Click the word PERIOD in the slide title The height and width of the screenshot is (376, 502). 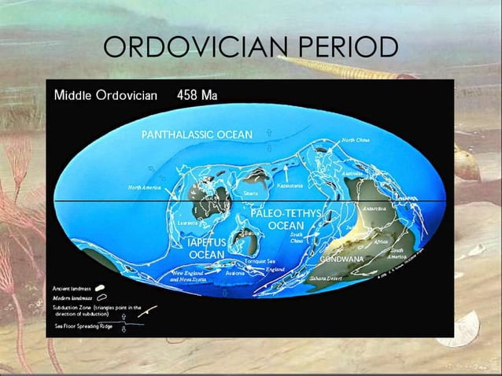(x=346, y=49)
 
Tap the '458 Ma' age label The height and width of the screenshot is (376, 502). (x=197, y=96)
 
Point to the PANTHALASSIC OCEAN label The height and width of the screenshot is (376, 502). (x=197, y=135)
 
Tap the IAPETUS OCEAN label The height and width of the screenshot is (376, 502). (x=207, y=249)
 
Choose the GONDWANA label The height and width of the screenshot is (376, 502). (x=341, y=259)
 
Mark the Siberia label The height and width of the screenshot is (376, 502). (x=251, y=192)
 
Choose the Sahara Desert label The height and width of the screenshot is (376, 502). (x=325, y=278)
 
